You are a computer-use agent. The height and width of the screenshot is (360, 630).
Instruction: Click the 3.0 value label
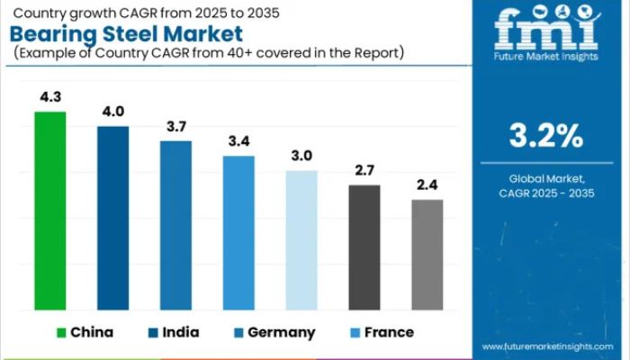click(x=301, y=156)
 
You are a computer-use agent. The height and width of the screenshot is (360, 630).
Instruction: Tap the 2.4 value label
click(x=427, y=185)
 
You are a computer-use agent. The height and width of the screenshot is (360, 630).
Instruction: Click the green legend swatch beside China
click(x=62, y=332)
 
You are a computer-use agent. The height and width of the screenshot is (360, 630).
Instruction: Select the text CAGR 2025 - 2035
click(x=546, y=193)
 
